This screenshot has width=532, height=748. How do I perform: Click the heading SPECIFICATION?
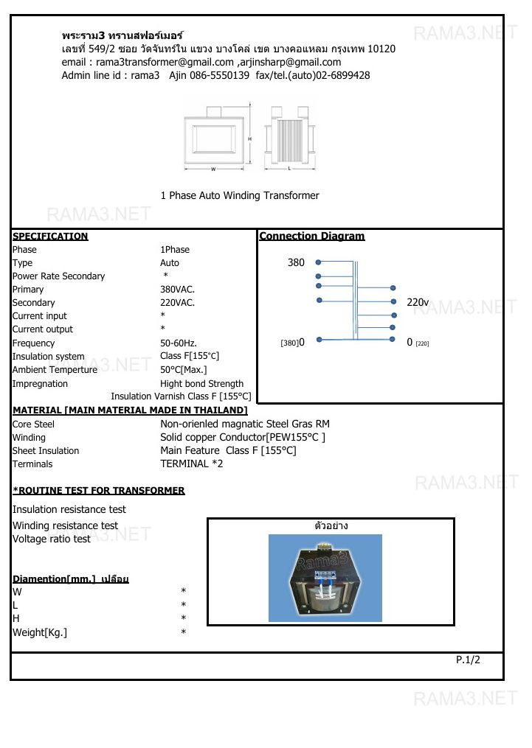50,237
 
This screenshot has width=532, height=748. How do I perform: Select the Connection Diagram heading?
312,237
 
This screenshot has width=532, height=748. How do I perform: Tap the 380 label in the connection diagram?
295,262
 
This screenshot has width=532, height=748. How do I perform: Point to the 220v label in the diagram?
418,302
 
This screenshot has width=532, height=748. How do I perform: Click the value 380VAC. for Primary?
177,290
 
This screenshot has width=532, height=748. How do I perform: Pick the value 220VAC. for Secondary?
177,303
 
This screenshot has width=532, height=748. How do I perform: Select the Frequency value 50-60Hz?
179,343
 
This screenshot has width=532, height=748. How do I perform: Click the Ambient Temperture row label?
55,370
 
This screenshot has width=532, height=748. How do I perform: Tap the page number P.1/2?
468,660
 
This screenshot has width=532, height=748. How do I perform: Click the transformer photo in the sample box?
325,578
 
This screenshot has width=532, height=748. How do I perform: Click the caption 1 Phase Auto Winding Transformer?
240,195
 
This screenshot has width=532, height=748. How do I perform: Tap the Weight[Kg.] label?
40,632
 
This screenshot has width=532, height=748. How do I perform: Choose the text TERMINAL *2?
191,464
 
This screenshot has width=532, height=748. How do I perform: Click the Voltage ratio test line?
52,539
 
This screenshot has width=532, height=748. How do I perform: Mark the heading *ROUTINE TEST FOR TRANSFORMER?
99,491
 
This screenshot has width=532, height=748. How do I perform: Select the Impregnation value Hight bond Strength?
201,384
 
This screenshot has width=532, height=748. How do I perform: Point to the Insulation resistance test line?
69,509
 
